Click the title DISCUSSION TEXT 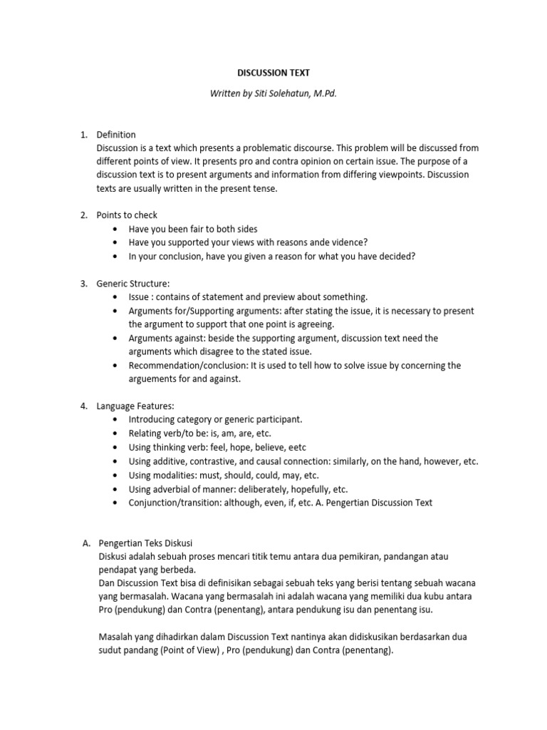click(x=273, y=73)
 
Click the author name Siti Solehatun click(x=286, y=93)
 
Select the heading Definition click(x=116, y=134)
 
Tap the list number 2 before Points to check click(x=83, y=215)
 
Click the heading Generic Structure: click(x=133, y=283)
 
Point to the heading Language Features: click(x=135, y=406)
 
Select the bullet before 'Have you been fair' click(x=115, y=229)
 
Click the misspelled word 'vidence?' click(x=349, y=242)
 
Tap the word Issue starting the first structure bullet click(x=139, y=297)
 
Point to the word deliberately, click(x=267, y=488)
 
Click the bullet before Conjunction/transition click(x=115, y=502)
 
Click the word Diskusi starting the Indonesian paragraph click(x=114, y=556)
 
